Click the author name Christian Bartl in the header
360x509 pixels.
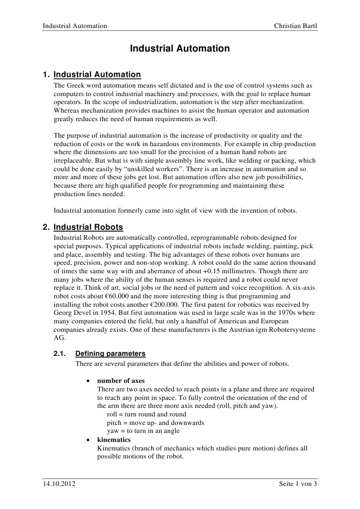point(296,26)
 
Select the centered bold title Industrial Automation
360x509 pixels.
point(180,49)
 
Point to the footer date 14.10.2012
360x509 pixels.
point(59,484)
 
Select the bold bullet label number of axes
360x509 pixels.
point(121,380)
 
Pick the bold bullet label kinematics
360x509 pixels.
point(114,440)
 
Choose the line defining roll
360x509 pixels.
point(147,414)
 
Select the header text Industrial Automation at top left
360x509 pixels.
point(75,26)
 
